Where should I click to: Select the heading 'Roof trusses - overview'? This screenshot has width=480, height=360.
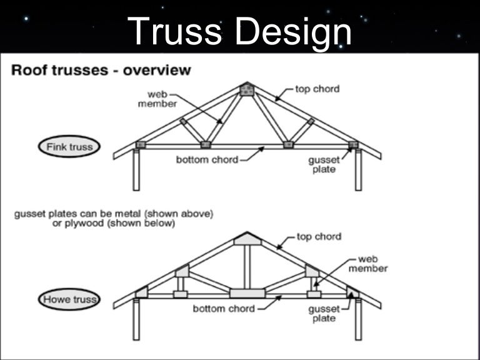click(x=101, y=70)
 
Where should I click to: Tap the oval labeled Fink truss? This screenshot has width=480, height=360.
click(x=69, y=147)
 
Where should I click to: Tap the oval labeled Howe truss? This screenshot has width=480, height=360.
click(x=69, y=299)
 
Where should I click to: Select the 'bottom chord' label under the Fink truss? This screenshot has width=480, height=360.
click(x=207, y=160)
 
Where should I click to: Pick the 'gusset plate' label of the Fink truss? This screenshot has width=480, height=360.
click(x=324, y=165)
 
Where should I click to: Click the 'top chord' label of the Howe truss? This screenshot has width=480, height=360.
click(x=319, y=237)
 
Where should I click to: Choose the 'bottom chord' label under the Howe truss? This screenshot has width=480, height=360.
click(x=223, y=309)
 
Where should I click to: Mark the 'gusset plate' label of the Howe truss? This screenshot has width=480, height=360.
click(x=324, y=314)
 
